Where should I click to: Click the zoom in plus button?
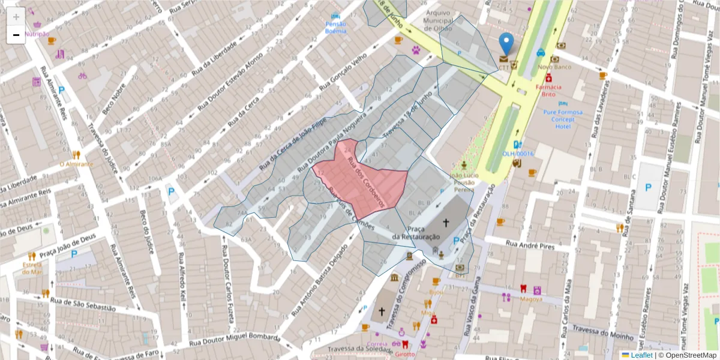tap(16, 17)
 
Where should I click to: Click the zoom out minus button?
tap(16, 35)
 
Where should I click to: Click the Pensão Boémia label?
tap(335, 27)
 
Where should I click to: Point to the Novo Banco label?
tap(554, 67)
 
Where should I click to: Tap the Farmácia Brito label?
tap(548, 90)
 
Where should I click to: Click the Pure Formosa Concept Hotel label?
tap(562, 119)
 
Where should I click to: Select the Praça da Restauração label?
tap(416, 233)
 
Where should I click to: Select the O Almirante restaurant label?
tap(76, 164)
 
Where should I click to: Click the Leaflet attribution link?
tap(641, 355)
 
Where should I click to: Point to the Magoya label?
tap(531, 299)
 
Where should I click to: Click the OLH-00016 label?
tap(518, 154)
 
